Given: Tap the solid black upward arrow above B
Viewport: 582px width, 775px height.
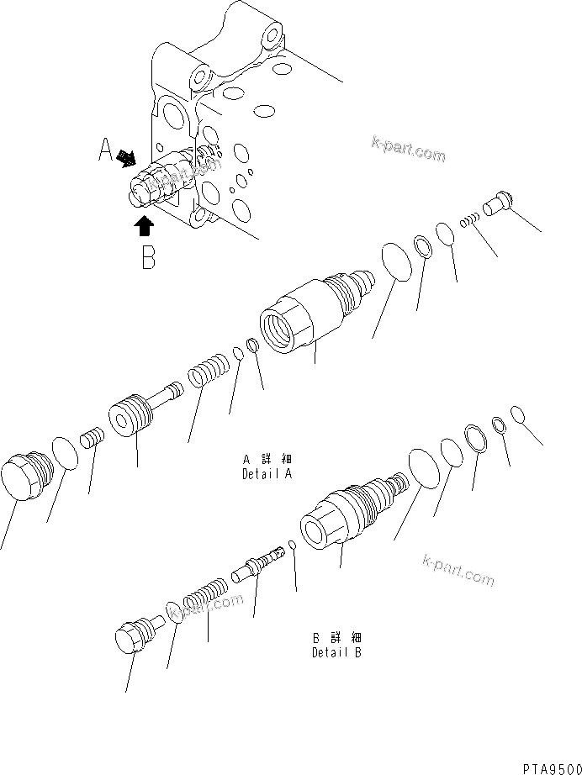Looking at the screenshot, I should point(144,224).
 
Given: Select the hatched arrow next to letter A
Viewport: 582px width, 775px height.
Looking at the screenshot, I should point(128,157).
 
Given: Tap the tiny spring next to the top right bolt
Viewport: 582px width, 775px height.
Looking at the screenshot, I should point(470,220).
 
